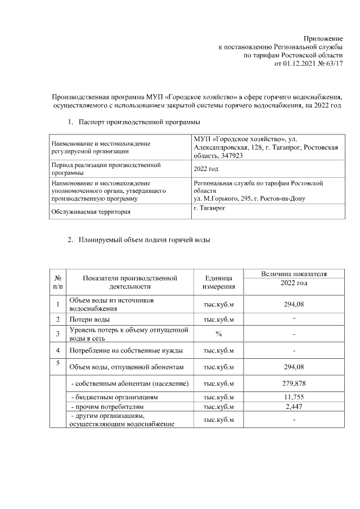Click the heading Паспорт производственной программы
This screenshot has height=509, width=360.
139,121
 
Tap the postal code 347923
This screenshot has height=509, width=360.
229,155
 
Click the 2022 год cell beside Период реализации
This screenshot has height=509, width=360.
205,169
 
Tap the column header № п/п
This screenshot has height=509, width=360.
58,282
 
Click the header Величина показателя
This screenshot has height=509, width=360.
294,274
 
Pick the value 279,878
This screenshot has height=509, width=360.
294,384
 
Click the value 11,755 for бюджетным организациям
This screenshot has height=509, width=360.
294,397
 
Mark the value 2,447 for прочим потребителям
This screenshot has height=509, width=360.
294,406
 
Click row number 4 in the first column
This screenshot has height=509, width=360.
58,350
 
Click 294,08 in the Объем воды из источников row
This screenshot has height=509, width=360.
294,304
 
